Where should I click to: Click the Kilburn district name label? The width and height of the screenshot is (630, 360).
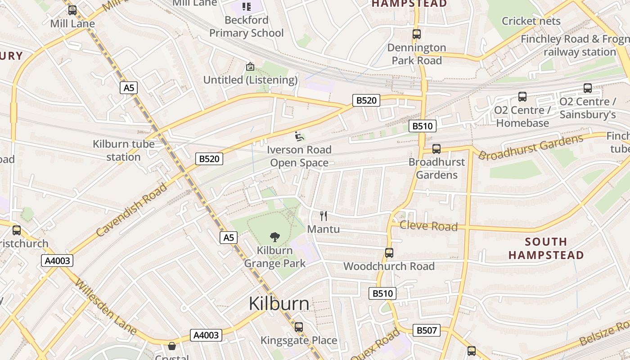279,304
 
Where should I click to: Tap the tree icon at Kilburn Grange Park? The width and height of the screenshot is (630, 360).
274,237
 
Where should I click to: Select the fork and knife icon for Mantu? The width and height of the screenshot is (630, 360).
323,216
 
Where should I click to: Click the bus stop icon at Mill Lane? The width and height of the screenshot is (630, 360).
72,10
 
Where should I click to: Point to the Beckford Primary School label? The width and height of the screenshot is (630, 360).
246,27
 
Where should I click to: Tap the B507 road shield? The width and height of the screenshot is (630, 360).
426,330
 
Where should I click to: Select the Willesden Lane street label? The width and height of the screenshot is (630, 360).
106,306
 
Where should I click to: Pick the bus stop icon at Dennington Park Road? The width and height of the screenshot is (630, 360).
417,34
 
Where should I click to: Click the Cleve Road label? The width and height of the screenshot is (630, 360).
428,226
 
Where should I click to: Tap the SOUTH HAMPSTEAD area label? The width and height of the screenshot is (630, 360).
546,248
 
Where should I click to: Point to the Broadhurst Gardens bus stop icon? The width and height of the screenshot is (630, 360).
436,149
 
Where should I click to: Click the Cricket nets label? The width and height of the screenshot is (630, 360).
531,21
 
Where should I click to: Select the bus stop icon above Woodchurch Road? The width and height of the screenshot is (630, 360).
389,253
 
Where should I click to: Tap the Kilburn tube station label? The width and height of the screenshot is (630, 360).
123,150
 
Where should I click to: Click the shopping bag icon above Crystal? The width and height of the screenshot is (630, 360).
171,346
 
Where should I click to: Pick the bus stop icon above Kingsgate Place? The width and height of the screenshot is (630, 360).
299,327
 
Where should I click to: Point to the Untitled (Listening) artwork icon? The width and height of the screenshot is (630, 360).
250,67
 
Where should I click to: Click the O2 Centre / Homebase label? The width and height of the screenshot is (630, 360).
522,117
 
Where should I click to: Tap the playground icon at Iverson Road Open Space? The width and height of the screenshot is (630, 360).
299,136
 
